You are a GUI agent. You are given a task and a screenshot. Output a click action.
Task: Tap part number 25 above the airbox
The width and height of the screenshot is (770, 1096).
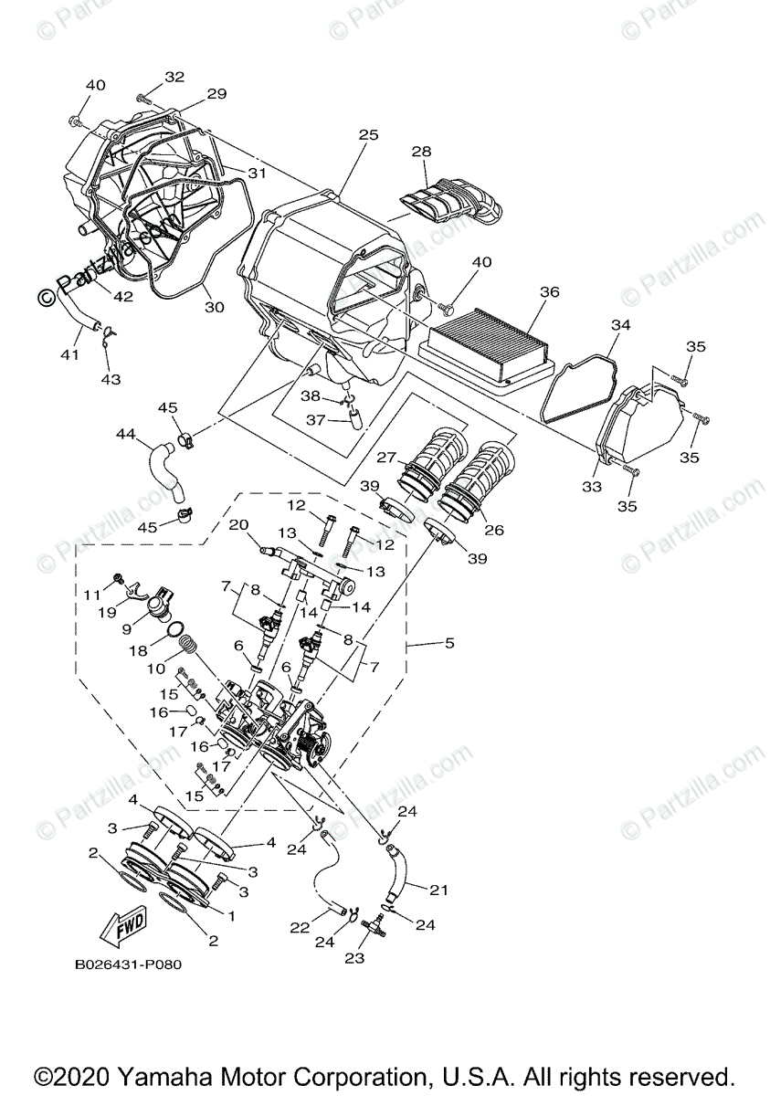(x=367, y=135)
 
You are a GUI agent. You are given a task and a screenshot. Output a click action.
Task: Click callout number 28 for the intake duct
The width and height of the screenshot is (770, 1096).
(x=421, y=152)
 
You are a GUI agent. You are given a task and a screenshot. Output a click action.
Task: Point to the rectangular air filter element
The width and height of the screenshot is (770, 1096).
(x=489, y=346)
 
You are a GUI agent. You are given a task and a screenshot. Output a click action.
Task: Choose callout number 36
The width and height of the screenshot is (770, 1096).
(x=548, y=292)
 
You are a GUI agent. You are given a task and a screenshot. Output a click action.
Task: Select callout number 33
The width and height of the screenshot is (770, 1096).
(x=592, y=487)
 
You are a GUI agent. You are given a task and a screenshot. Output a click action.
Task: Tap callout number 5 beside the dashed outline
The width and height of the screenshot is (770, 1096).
(x=448, y=643)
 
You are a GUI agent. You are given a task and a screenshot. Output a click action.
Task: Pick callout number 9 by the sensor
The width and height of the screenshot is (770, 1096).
(x=128, y=628)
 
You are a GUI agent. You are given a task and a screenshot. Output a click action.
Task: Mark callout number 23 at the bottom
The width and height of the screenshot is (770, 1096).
(x=354, y=958)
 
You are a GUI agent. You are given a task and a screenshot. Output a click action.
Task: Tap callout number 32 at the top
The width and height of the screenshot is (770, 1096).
(x=174, y=77)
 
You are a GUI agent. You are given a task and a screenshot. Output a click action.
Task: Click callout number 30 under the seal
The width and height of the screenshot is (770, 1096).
(x=214, y=307)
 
